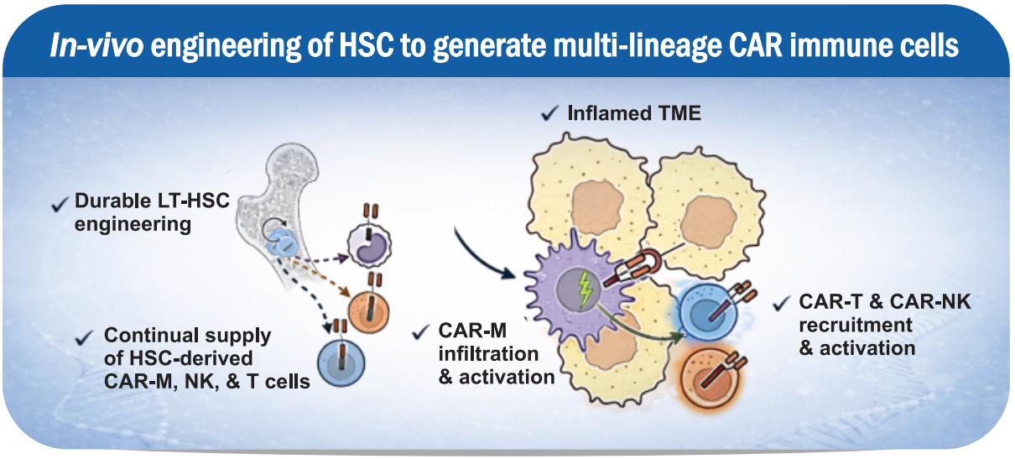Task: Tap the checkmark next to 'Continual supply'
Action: click(83, 336)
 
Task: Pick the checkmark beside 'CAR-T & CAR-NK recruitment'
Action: click(783, 302)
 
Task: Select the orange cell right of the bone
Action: click(369, 308)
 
